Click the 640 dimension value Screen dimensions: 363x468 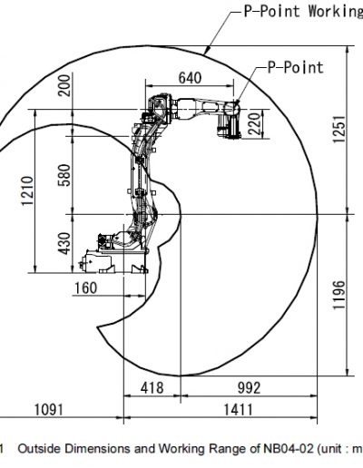click(x=190, y=78)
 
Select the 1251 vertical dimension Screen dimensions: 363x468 click(x=339, y=129)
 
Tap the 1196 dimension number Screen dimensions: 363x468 click(x=338, y=295)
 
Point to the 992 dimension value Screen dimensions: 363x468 click(x=249, y=388)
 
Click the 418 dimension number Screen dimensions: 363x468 click(x=152, y=388)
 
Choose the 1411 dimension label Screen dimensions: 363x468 click(x=238, y=410)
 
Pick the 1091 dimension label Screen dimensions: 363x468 click(x=49, y=410)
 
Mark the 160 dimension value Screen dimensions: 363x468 click(x=86, y=288)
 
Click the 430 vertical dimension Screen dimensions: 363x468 click(x=64, y=243)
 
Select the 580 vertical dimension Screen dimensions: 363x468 click(x=64, y=175)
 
